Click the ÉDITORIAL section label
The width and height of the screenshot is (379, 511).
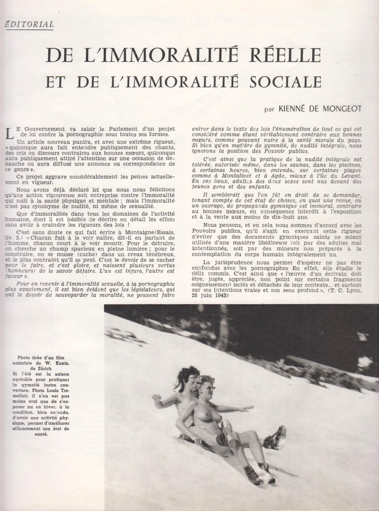pyautogui.click(x=29, y=25)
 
